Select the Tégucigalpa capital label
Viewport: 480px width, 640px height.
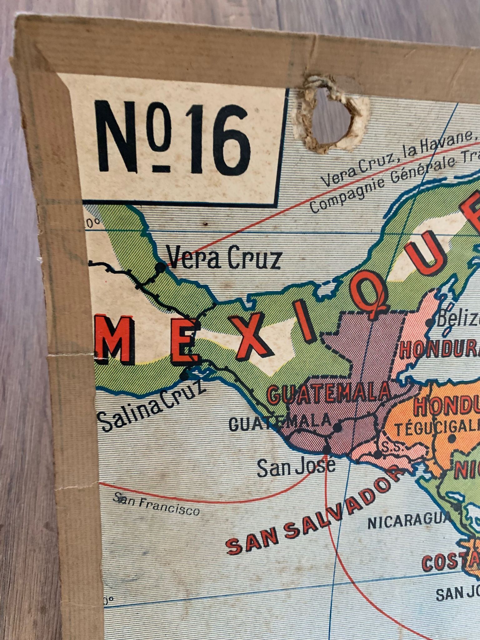437,428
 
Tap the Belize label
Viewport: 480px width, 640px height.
458,319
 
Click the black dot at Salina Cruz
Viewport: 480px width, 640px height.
185,375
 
